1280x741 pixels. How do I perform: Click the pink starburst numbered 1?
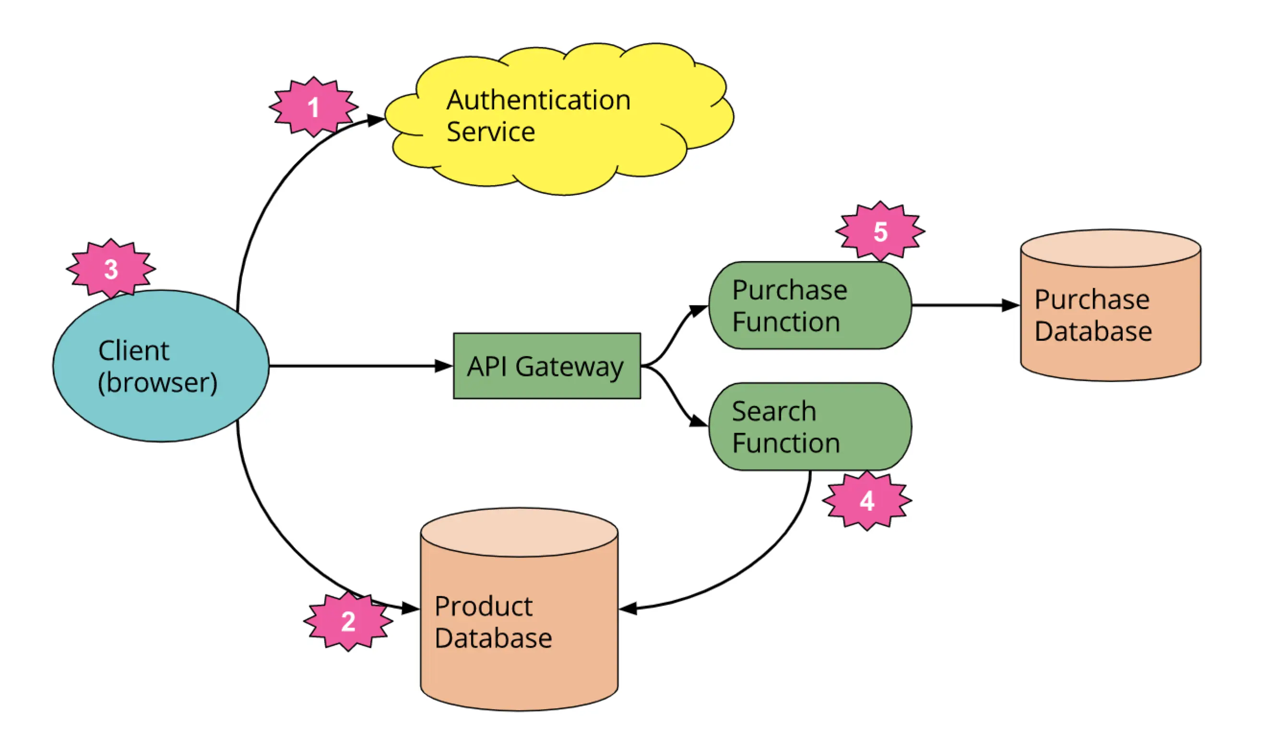pos(313,107)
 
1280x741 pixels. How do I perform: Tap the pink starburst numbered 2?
pos(348,621)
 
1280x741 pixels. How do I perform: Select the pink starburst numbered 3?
pos(111,268)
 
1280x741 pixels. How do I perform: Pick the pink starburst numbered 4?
pos(866,501)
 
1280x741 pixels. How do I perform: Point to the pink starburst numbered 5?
pos(880,232)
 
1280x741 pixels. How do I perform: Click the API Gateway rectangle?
pos(546,366)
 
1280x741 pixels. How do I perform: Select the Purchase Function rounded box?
pos(810,305)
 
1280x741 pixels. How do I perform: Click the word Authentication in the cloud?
pos(538,100)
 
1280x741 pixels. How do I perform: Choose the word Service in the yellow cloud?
pos(491,131)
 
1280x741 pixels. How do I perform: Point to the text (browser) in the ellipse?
pos(157,382)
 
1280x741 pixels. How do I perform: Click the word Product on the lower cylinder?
pos(484,606)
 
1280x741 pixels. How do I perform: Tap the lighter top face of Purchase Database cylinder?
pos(1110,248)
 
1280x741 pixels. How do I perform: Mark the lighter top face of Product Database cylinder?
pos(519,532)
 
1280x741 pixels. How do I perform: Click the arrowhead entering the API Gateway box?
pos(444,366)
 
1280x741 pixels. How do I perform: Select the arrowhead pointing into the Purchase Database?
pos(1010,305)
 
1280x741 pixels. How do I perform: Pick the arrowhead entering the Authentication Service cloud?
pos(376,120)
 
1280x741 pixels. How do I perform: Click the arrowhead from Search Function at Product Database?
pos(628,609)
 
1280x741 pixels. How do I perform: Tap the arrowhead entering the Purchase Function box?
pos(699,310)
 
